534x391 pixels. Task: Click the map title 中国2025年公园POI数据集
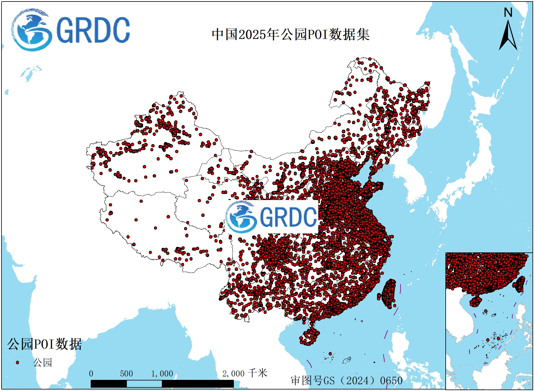(x=291, y=34)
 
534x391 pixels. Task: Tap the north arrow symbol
(x=508, y=36)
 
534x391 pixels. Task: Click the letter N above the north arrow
(x=508, y=13)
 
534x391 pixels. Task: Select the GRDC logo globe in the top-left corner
(x=31, y=30)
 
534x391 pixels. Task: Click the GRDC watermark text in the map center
(x=288, y=217)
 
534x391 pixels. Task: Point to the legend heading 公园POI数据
(x=45, y=344)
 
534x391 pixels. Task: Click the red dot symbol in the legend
(x=17, y=362)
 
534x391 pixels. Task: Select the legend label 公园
(x=42, y=362)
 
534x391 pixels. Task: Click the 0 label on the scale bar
(x=91, y=374)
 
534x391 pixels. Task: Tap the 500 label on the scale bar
(x=126, y=374)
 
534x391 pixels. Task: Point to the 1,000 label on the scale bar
(x=162, y=374)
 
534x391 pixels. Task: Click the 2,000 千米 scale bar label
(x=244, y=374)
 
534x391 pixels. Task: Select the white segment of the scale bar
(x=144, y=384)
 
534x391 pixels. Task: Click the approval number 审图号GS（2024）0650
(x=347, y=380)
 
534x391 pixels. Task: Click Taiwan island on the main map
(x=389, y=293)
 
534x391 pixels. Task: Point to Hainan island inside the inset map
(x=475, y=302)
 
